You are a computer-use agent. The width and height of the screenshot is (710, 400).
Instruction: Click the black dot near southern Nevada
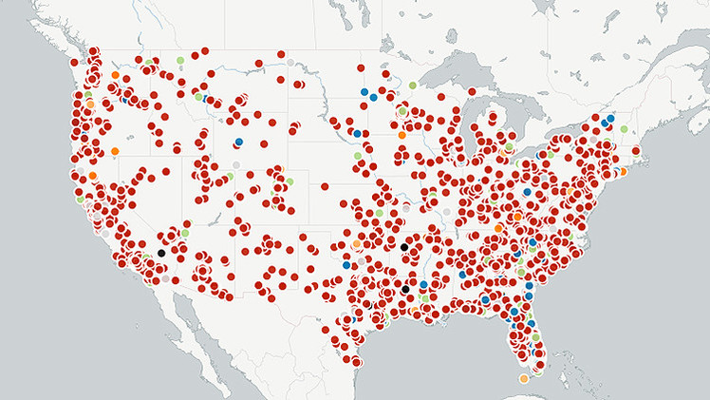click(161, 253)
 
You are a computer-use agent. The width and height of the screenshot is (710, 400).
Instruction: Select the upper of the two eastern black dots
click(404, 247)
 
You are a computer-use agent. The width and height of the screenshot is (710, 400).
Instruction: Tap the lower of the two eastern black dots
click(405, 289)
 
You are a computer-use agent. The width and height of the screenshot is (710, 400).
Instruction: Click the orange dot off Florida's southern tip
click(523, 379)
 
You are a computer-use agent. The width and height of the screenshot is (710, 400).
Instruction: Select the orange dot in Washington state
click(115, 74)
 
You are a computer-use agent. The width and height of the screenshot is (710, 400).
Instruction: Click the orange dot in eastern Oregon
click(115, 151)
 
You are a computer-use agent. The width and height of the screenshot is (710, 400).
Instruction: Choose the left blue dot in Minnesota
click(364, 92)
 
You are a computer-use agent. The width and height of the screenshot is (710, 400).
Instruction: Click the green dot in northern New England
click(624, 128)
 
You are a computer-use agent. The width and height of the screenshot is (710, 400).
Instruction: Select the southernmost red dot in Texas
click(355, 360)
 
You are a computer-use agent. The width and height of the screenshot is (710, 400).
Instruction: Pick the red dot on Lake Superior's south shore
click(440, 97)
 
